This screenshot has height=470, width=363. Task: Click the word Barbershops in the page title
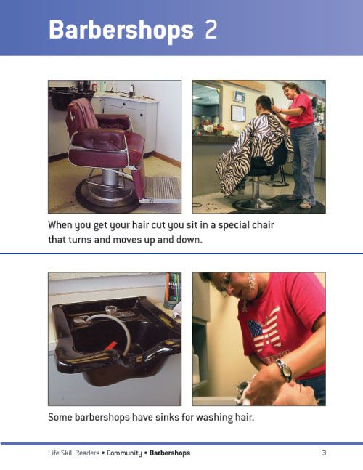click(x=121, y=31)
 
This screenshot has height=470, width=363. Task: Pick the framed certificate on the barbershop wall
click(x=238, y=113)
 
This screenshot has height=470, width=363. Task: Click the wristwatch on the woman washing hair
click(x=284, y=370)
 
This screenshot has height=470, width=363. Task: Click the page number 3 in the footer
click(x=323, y=453)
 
